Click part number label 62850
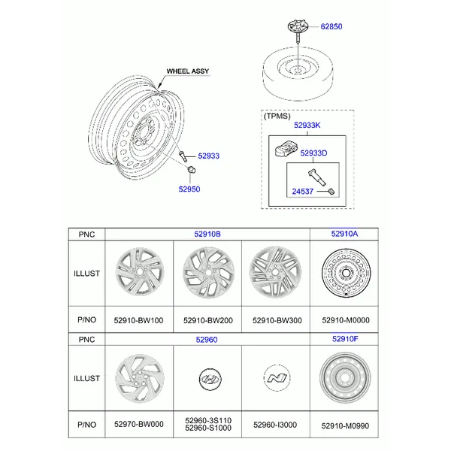[331, 26]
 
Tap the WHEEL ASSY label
[188, 71]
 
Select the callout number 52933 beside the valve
[208, 156]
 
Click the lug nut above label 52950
[191, 170]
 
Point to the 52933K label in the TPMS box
[307, 125]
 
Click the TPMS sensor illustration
[286, 148]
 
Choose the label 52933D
[313, 153]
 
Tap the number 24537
[303, 191]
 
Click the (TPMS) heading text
[277, 116]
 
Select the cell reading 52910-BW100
[138, 320]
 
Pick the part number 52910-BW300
[277, 320]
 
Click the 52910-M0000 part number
[346, 320]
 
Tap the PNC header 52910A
[344, 234]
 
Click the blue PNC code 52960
[207, 340]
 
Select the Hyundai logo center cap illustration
[210, 380]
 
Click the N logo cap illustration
[277, 378]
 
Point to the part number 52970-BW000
[139, 424]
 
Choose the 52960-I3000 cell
[275, 425]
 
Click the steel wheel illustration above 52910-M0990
[345, 377]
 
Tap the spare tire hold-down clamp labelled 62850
[298, 29]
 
